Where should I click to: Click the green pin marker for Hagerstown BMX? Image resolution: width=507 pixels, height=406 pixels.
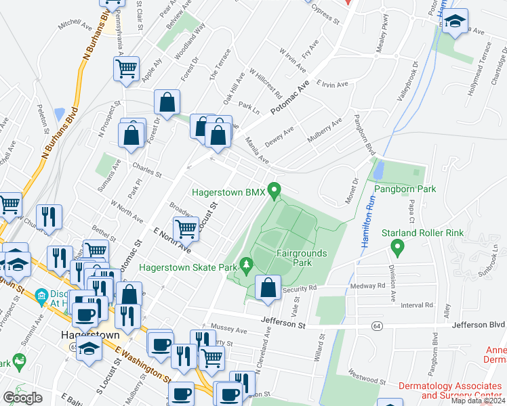275,191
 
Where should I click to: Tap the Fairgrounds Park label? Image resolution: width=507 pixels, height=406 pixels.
302,257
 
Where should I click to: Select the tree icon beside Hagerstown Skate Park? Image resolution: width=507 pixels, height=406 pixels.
245,267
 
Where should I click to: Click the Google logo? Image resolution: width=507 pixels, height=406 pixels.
22,397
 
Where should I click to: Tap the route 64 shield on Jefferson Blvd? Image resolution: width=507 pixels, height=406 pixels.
375,326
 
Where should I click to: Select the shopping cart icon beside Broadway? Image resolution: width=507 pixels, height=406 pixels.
186,228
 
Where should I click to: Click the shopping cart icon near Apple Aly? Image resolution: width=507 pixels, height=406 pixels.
127,68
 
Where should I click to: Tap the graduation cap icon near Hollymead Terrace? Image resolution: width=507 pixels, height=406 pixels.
456,21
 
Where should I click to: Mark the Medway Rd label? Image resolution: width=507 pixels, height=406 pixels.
368,285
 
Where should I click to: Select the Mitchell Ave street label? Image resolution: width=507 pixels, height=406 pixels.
75,25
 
